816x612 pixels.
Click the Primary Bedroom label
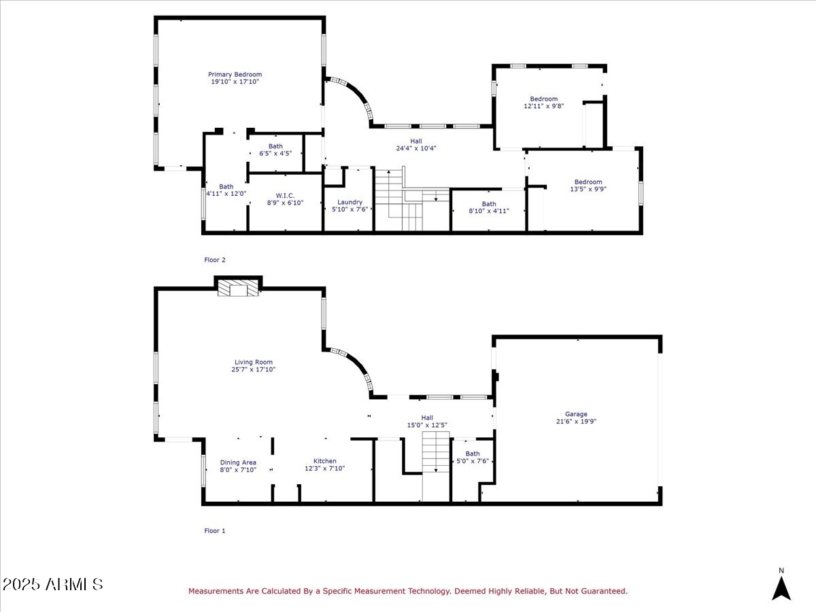coord(235,75)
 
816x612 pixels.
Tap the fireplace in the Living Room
coord(238,290)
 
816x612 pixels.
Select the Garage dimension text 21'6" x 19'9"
coord(576,422)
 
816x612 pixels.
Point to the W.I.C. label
coord(285,195)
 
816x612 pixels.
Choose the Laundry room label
coord(350,202)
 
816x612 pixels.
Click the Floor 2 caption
coord(214,260)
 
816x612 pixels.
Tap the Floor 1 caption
coord(214,530)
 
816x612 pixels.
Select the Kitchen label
coord(324,461)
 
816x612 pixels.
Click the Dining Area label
coord(238,462)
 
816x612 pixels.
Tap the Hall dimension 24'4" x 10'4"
coord(415,148)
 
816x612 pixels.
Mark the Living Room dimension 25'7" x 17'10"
coord(253,370)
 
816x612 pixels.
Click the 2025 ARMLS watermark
coord(52,584)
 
